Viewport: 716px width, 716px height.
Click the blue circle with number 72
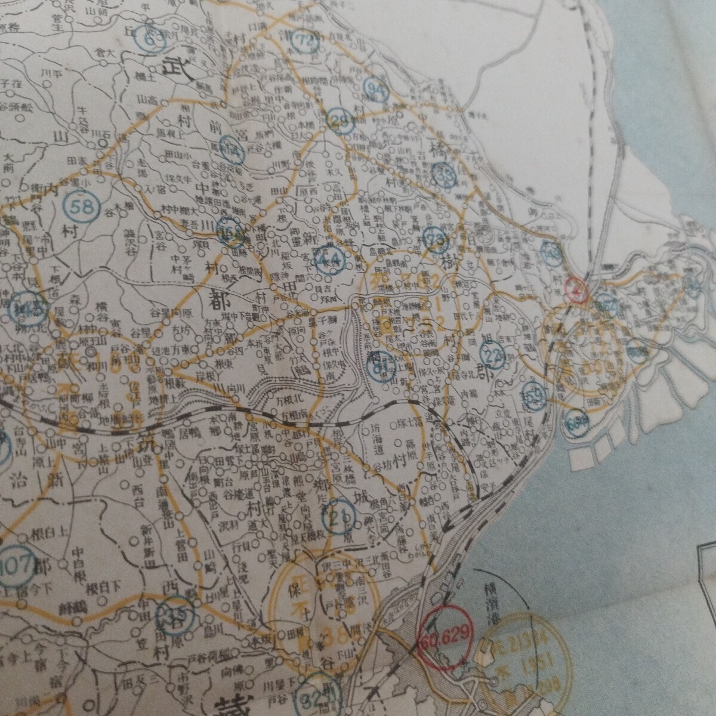307,41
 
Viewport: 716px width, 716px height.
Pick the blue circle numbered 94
376,91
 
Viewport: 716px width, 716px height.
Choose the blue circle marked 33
443,175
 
